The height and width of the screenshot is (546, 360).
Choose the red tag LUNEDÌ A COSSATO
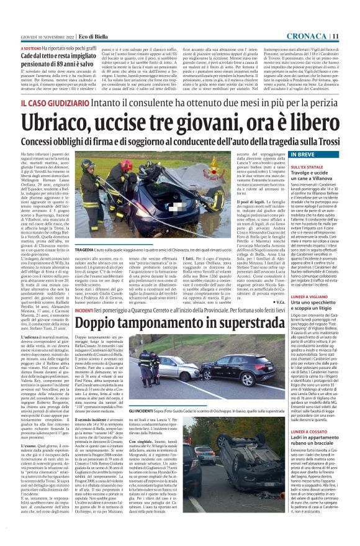coord(292,430)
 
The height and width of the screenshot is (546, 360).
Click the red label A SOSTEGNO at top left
coord(32,47)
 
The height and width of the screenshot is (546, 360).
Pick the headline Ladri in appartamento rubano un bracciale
coord(304,442)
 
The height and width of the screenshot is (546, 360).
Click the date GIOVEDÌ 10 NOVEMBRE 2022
coord(40,36)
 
